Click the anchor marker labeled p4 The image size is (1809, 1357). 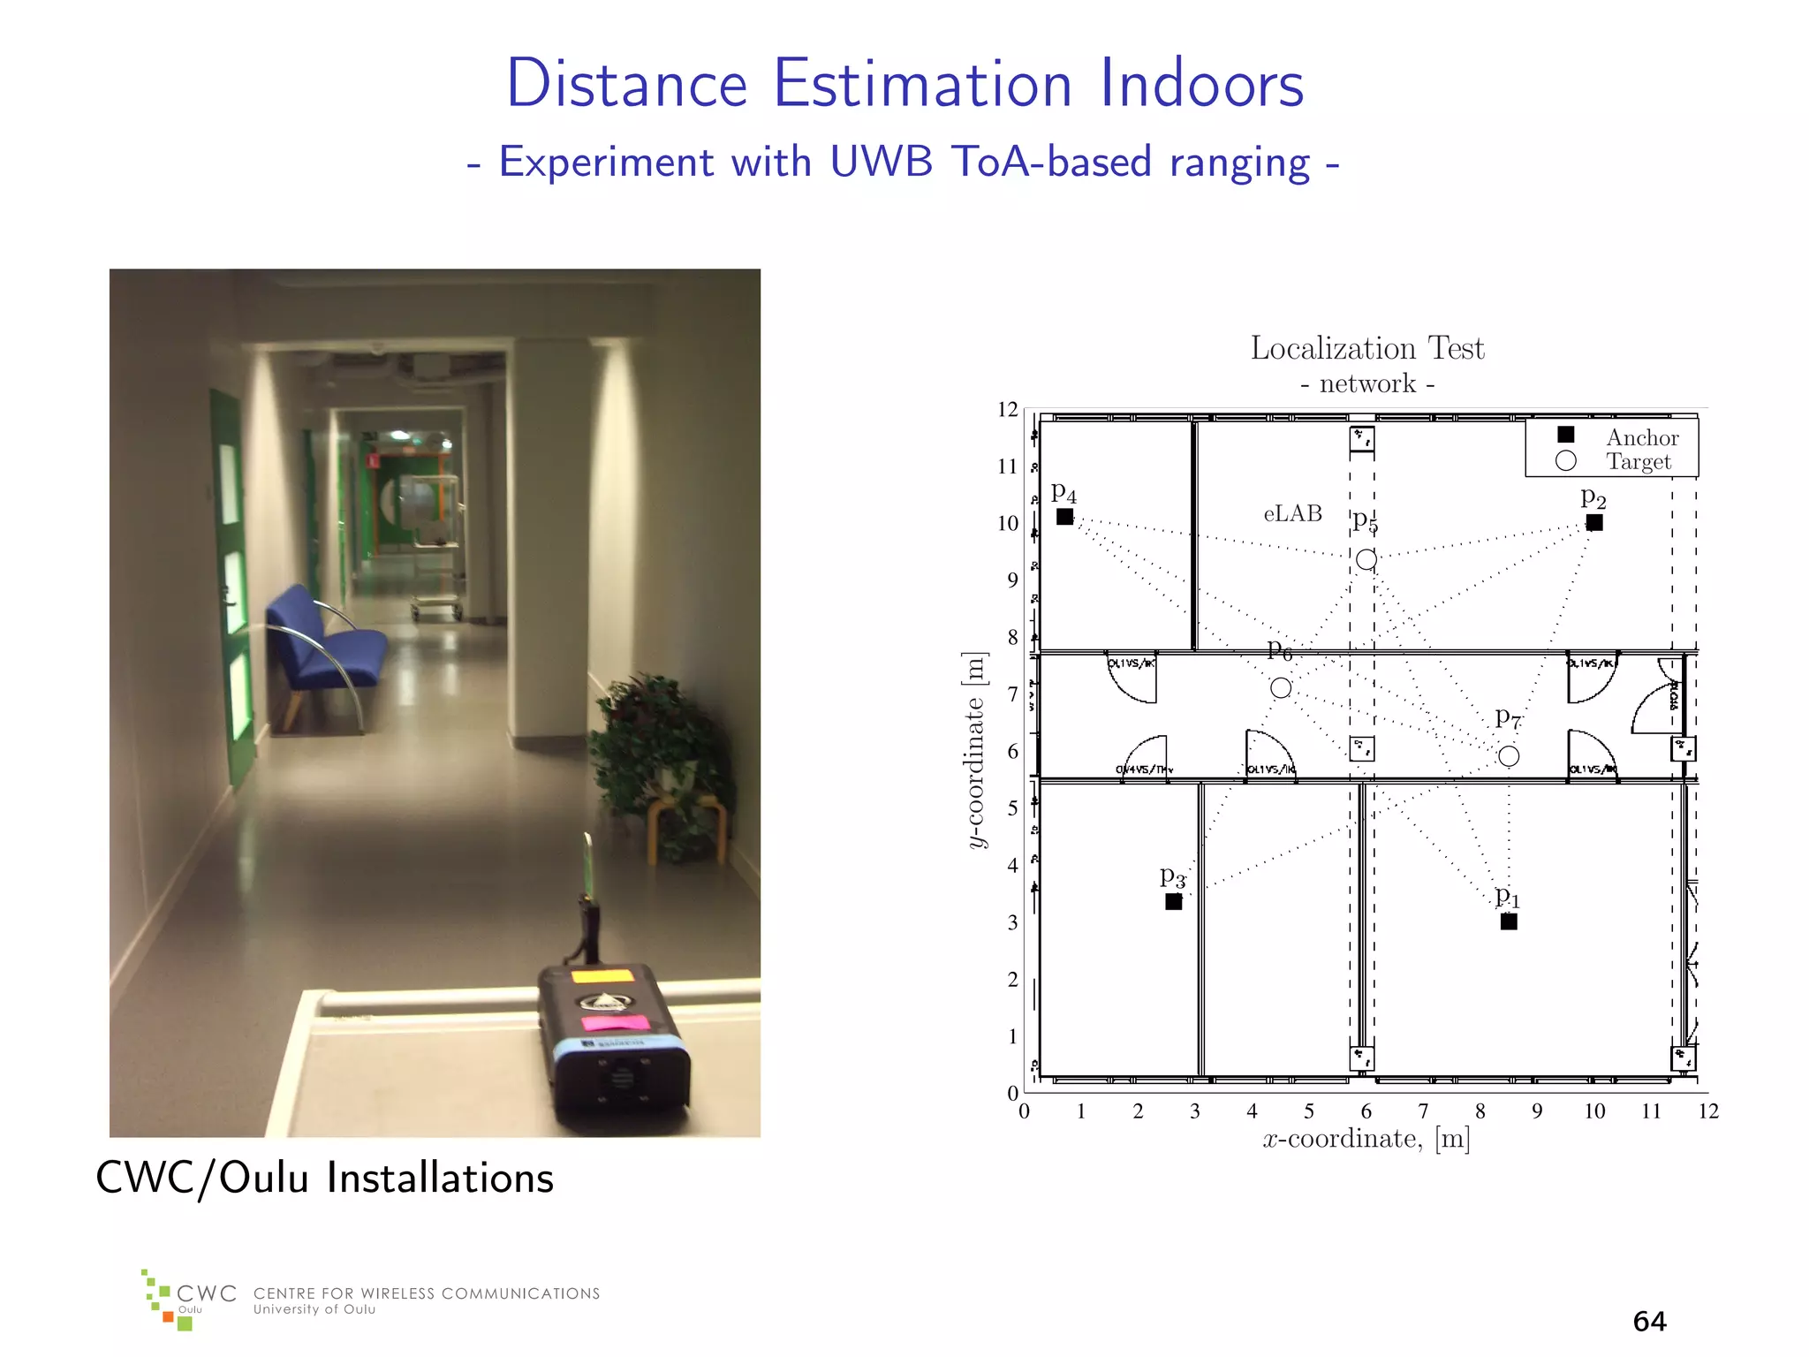tap(1064, 517)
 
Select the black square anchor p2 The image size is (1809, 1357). tap(1593, 523)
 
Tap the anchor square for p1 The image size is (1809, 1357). tap(1509, 921)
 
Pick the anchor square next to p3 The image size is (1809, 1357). tap(1173, 902)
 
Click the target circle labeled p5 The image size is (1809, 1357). tap(1366, 559)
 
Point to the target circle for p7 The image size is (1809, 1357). tap(1509, 756)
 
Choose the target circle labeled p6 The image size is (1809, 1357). tap(1281, 687)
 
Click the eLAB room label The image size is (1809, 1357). tap(1292, 513)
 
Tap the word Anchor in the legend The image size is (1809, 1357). tap(1641, 437)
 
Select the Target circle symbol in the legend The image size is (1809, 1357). tap(1565, 460)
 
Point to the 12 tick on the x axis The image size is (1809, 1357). tap(1708, 1111)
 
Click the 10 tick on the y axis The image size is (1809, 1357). tap(1008, 523)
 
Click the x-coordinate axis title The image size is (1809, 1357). tap(1366, 1139)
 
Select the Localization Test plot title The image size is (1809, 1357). tap(1366, 348)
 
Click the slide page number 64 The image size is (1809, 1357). tap(1649, 1321)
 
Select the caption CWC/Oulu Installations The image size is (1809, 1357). tap(324, 1178)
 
